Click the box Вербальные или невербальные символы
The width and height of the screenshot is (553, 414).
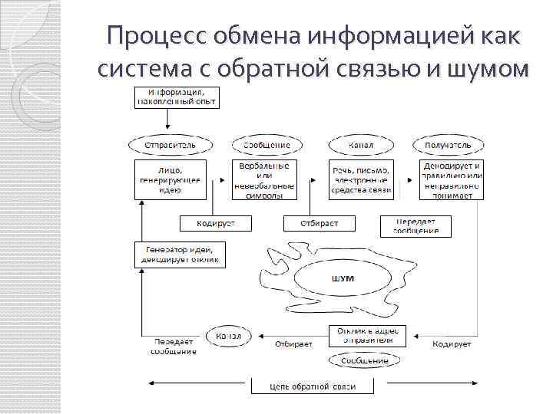coord(264,179)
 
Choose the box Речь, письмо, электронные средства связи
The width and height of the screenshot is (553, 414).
coord(361,179)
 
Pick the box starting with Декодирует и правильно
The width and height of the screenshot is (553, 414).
coord(452,179)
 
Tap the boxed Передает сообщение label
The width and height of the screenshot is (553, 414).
coord(416,225)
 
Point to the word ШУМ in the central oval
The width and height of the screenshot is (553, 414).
coord(343,278)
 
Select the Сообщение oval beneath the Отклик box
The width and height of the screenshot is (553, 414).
coord(364,360)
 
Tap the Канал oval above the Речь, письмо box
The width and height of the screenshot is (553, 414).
coord(361,143)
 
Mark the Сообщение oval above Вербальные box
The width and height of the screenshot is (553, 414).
coord(266,143)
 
